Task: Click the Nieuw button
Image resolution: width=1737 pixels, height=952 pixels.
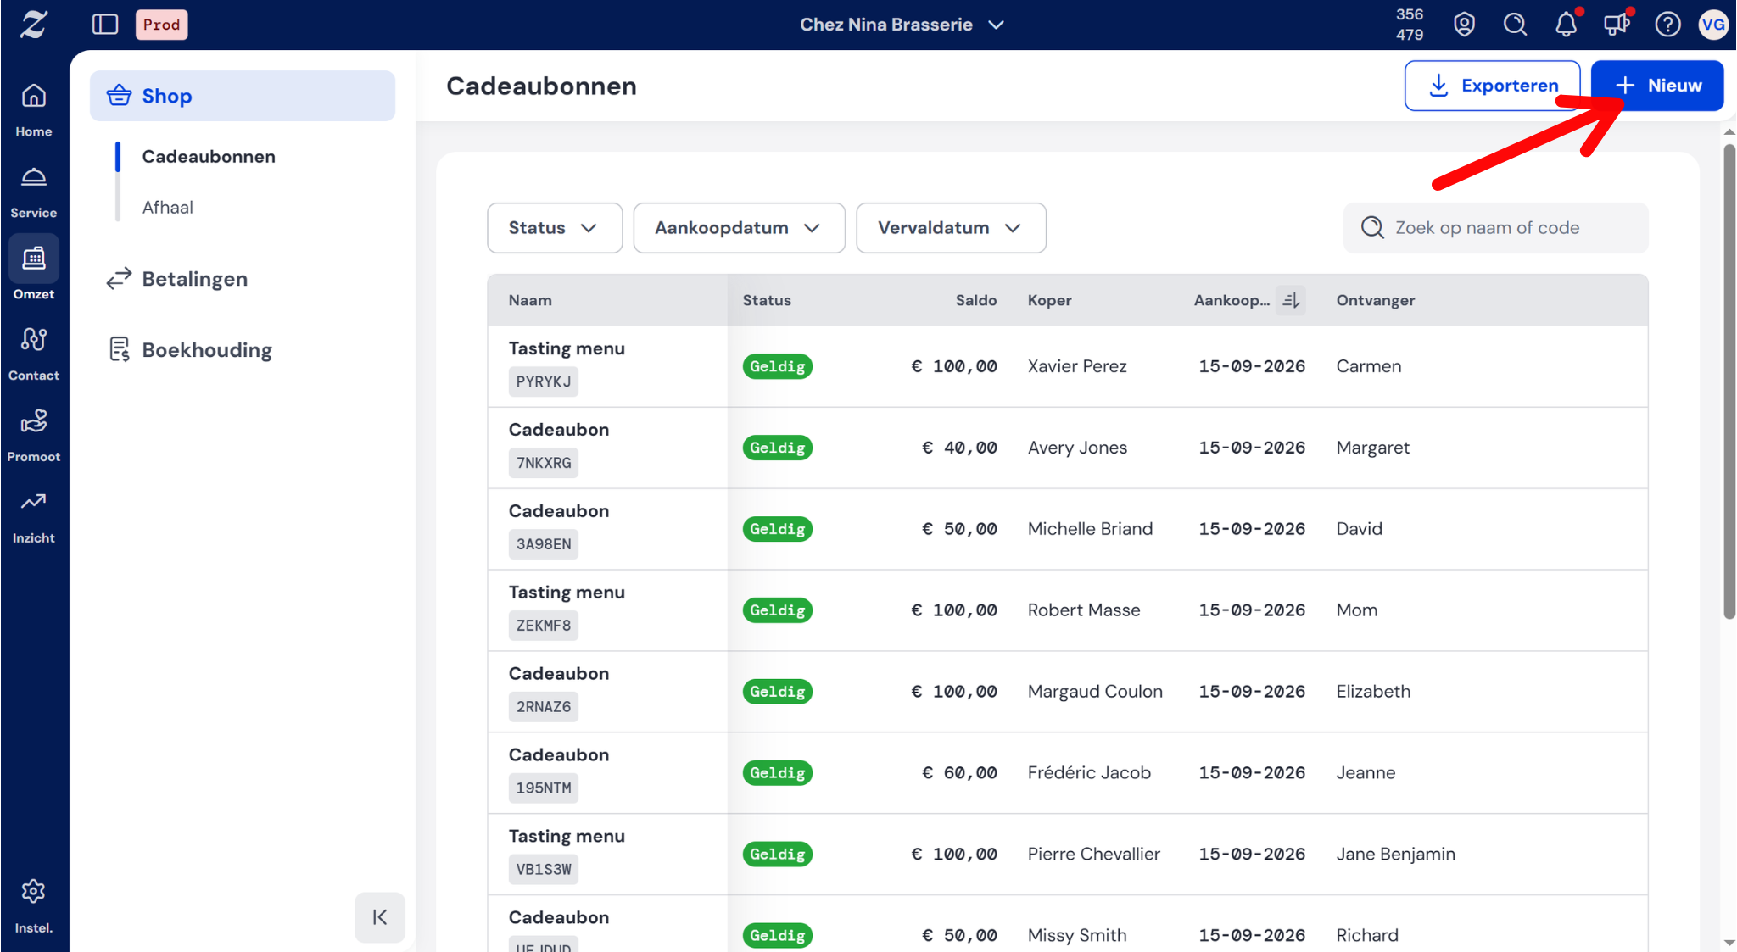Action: (x=1657, y=86)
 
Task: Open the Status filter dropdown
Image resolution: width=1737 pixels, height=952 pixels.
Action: (x=555, y=228)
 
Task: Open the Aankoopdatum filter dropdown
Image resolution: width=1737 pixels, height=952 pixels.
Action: (x=739, y=228)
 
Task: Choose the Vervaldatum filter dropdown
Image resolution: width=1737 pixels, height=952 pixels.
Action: (x=951, y=228)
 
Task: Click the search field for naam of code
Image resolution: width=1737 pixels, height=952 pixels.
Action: (x=1496, y=228)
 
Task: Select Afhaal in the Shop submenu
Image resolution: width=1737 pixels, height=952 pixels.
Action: (x=168, y=208)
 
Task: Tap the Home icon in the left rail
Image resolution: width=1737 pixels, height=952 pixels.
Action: (x=34, y=96)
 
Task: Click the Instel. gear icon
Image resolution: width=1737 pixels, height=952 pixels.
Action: (x=34, y=891)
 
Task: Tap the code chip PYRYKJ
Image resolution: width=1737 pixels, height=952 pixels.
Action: (x=544, y=381)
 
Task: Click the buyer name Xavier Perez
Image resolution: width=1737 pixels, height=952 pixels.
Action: (x=1077, y=366)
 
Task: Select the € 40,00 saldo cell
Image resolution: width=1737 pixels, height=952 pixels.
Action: (x=959, y=448)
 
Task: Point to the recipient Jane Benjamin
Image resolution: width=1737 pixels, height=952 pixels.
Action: (x=1395, y=854)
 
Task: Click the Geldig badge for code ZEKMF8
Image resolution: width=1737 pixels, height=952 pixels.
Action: (x=778, y=610)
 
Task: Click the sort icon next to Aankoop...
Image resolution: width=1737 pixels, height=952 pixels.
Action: (x=1291, y=300)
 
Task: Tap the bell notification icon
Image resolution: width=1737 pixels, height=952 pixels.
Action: (x=1566, y=25)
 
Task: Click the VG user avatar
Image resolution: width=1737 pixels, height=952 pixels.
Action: (x=1712, y=25)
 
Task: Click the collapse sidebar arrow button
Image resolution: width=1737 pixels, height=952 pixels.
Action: (x=380, y=917)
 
